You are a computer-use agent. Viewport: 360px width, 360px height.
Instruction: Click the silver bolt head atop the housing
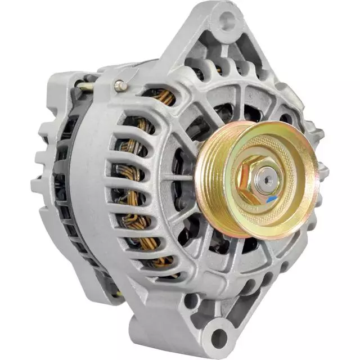(x=119, y=85)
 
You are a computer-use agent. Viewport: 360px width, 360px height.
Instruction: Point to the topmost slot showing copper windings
(x=163, y=97)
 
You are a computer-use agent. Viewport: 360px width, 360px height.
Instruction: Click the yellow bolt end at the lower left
(x=119, y=294)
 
